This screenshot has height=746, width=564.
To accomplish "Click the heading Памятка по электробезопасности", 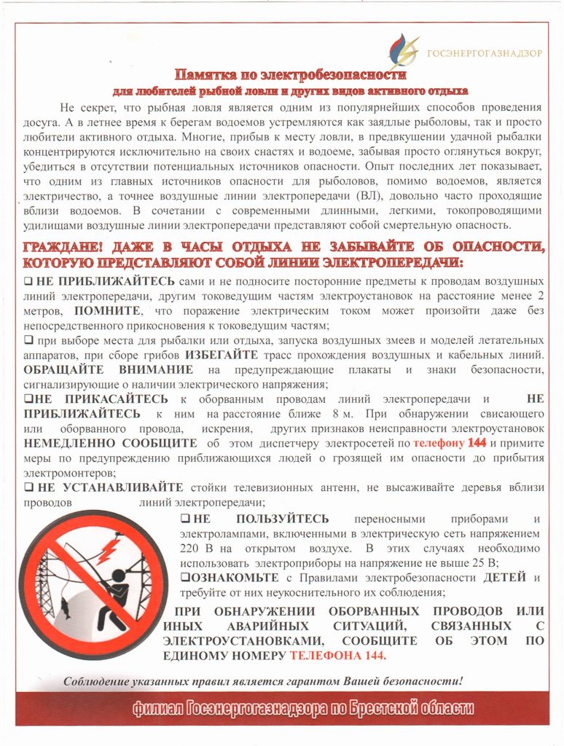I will coord(289,75).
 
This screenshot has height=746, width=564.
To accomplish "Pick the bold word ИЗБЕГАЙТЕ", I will coord(222,355).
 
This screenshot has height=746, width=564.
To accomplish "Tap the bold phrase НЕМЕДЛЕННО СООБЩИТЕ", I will coord(109,443).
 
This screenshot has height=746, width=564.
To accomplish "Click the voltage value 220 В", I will coord(193,548).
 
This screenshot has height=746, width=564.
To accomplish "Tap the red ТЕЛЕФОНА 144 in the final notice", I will coord(337,656).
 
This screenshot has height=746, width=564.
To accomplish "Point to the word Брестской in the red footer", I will coord(383,708).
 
